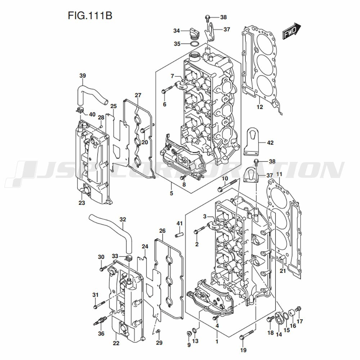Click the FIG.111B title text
[90, 16]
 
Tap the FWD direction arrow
[292, 31]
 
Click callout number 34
[176, 31]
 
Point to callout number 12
[260, 107]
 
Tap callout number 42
[270, 143]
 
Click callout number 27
[138, 95]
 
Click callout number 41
[179, 223]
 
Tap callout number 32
[123, 219]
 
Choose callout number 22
[116, 343]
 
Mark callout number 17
[300, 321]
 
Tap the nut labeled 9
[189, 334]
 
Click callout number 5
[171, 193]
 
